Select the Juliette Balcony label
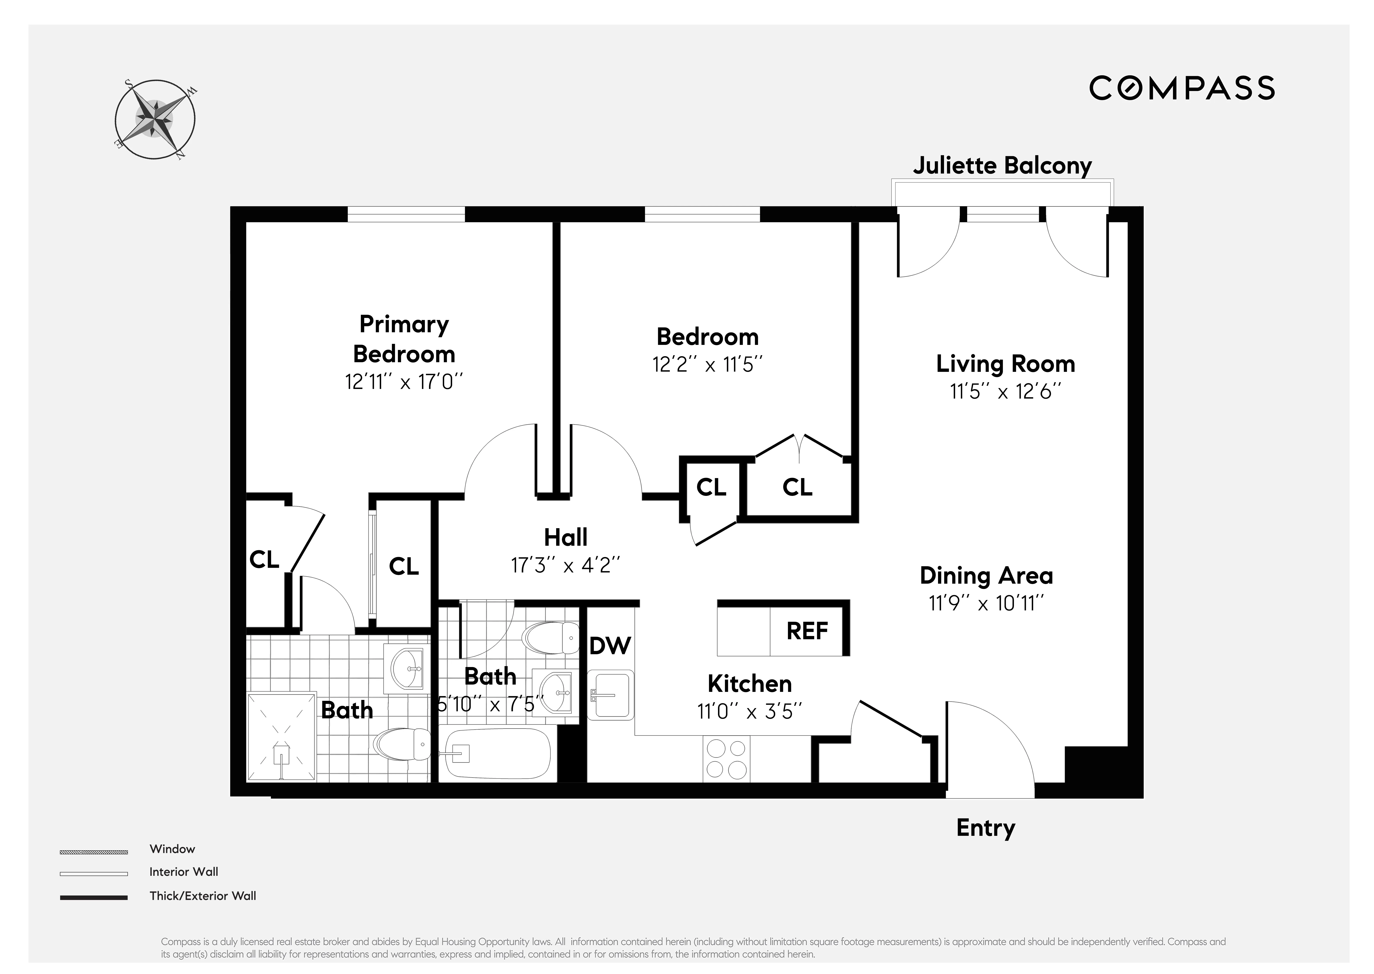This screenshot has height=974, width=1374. [1002, 166]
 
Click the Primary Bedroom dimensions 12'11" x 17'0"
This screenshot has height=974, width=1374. [404, 382]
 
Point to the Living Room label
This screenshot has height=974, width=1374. [1005, 363]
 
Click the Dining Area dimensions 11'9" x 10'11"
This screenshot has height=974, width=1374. [986, 603]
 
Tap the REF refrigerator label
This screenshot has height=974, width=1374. [807, 631]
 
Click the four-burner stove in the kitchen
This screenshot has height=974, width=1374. [726, 759]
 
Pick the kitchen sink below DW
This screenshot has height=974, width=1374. [610, 695]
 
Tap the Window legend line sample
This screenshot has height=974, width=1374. [93, 852]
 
